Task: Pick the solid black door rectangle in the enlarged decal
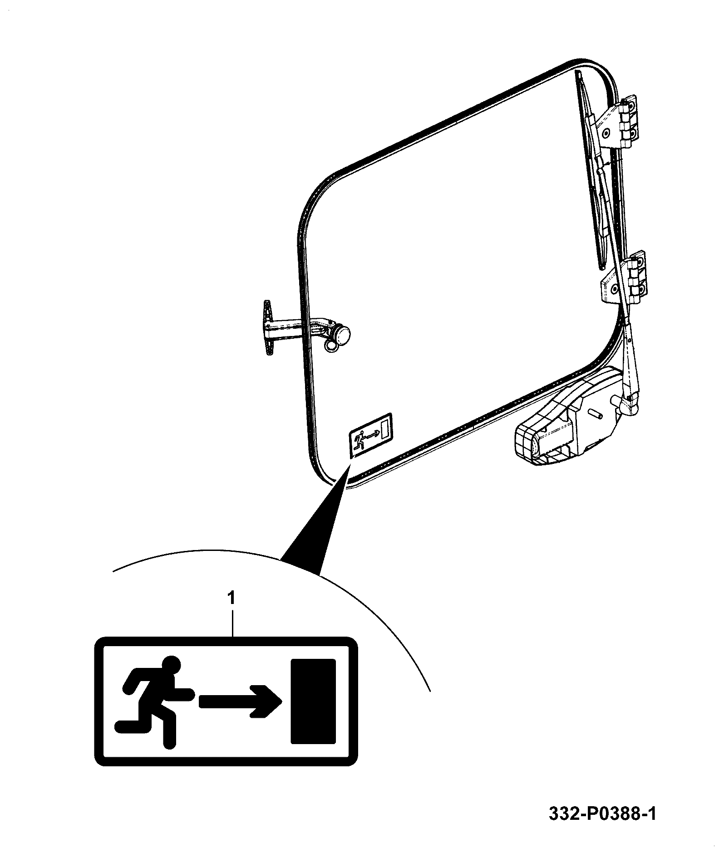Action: tap(313, 701)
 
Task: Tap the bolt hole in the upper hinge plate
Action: tap(606, 133)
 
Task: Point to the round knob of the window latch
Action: tap(343, 335)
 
